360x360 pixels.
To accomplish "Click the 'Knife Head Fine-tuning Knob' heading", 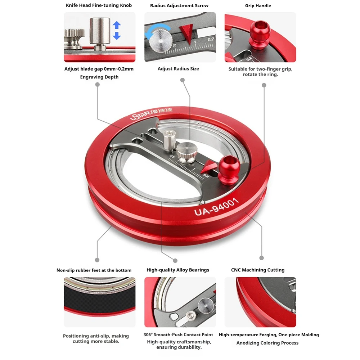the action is pos(99,5).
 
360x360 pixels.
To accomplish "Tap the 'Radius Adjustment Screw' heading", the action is pos(179,5).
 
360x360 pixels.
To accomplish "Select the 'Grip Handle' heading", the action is pos(258,5).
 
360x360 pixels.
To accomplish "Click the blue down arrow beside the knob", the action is pos(117,35).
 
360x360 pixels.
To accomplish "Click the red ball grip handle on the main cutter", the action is pos(229,169).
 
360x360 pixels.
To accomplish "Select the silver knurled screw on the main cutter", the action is pos(187,153).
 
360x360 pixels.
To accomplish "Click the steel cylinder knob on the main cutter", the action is pos(170,140).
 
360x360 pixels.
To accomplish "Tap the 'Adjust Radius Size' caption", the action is pos(178,68).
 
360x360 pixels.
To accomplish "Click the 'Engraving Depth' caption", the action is pos(99,77).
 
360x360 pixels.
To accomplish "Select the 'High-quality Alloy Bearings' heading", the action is pos(178,270).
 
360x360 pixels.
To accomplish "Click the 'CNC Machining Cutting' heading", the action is pos(258,270).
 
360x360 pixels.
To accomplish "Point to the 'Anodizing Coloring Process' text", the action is pos(267,343).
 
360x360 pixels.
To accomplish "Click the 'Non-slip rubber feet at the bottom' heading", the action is pos(94,270).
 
